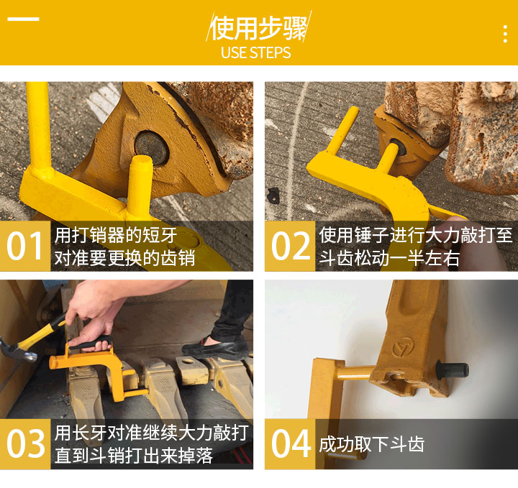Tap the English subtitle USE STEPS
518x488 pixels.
[255, 52]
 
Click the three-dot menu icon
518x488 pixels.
[505, 34]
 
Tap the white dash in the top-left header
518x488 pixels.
[23, 19]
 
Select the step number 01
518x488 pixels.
[24, 246]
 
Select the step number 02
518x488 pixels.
[291, 246]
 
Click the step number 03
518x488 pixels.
[25, 443]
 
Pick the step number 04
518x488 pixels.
[291, 443]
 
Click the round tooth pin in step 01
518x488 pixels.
[152, 148]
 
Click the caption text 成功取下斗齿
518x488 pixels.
[372, 444]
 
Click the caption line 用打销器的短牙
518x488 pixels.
[116, 235]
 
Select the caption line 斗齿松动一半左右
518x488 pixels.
[389, 258]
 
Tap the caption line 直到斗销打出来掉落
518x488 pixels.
[134, 456]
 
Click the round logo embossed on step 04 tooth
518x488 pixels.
[404, 347]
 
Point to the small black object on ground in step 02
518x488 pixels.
[273, 195]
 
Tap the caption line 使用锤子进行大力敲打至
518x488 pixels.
[416, 235]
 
